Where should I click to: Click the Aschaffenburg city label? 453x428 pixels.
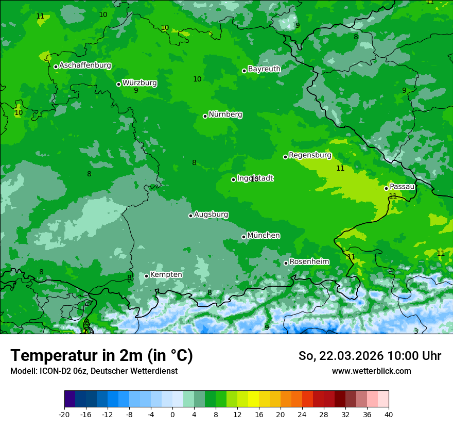tap(85, 65)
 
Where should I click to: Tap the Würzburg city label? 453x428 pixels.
tap(140, 83)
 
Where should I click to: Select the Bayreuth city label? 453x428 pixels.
tap(264, 69)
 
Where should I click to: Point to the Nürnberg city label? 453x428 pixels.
tap(225, 114)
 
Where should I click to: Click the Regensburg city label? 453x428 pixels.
tap(310, 155)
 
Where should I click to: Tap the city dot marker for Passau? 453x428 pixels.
tap(386, 188)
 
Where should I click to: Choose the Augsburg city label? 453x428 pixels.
tap(211, 214)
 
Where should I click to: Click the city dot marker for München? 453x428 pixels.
tap(243, 237)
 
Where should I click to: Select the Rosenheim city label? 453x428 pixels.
tap(309, 261)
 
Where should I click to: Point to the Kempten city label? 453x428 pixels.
tap(166, 274)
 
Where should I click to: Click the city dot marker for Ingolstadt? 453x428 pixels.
tap(233, 179)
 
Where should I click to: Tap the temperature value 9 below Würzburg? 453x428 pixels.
tap(136, 91)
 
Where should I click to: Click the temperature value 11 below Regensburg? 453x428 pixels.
tap(340, 168)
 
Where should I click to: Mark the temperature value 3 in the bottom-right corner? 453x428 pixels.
tap(416, 331)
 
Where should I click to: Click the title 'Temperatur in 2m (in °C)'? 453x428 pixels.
tap(101, 355)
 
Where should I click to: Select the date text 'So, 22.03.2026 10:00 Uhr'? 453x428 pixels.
tap(370, 356)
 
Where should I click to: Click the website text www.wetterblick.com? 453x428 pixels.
tap(371, 371)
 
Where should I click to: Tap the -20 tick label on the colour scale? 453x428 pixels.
tap(64, 414)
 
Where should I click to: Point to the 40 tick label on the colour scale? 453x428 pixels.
tap(388, 414)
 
